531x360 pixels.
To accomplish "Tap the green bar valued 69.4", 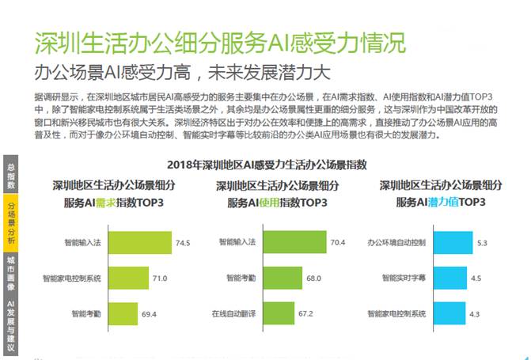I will pos(130,314).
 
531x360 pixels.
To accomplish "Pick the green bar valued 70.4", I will pos(292,242).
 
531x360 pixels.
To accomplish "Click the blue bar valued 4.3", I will pos(444,314).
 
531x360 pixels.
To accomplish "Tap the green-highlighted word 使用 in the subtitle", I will pos(268,203).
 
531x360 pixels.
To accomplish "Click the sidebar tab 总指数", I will pos(10,176).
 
